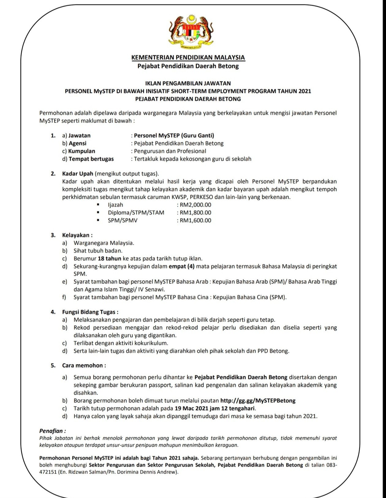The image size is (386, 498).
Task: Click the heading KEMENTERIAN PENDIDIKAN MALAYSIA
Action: coord(188,57)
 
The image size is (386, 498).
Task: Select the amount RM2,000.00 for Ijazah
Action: coord(195,205)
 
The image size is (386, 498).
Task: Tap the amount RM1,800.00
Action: coord(195,213)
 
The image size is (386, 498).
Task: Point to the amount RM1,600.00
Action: coord(195,220)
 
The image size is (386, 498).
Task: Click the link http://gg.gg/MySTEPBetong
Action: coord(258,400)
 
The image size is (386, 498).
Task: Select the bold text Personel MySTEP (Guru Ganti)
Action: coord(174,136)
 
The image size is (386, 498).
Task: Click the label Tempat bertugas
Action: coord(91,159)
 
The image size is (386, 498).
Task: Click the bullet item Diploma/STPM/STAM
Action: coord(136,213)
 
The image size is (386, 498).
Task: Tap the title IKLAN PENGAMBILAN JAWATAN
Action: coord(188,83)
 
